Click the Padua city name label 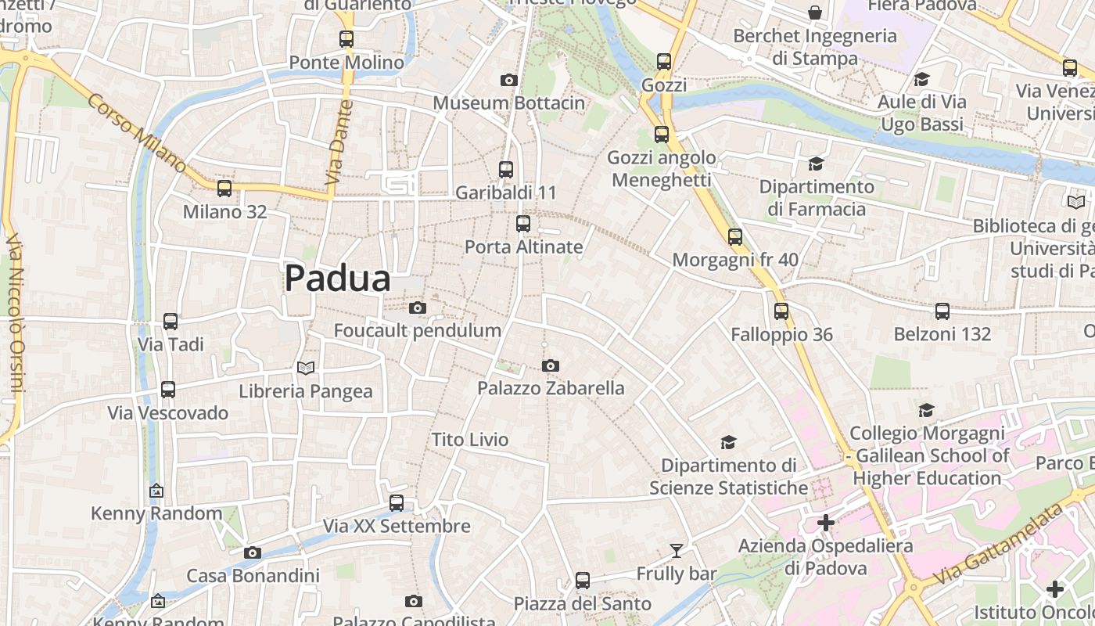point(337,279)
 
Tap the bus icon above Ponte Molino point(346,38)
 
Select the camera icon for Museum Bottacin point(509,80)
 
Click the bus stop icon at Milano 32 point(224,188)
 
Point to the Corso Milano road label point(137,134)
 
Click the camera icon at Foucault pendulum point(418,308)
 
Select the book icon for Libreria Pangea point(306,368)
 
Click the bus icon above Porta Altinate point(523,224)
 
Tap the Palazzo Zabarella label point(551,388)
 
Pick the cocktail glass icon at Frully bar point(677,551)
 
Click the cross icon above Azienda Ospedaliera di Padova point(826,522)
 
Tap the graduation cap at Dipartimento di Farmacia point(816,164)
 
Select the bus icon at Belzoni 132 point(942,311)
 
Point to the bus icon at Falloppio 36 point(781,311)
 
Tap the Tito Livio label point(470,440)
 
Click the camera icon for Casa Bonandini point(252,552)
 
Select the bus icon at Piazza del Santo point(583,581)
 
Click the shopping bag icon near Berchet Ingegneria point(815,13)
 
